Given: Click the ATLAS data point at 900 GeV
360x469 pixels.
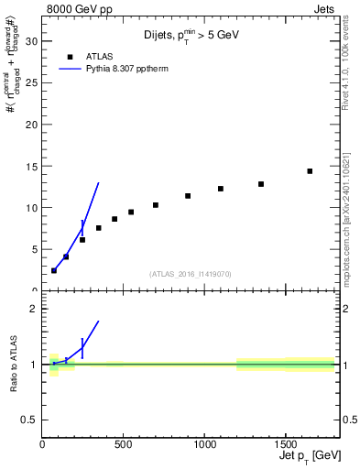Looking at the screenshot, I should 188,196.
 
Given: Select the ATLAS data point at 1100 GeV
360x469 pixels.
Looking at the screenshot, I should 221,189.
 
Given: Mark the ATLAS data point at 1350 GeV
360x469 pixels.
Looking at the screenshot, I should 261,184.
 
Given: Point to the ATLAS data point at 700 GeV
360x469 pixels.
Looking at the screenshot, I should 156,205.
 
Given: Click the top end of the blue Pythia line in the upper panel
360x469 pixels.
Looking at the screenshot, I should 98,183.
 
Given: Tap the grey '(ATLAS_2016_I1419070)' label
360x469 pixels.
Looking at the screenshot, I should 191,273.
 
